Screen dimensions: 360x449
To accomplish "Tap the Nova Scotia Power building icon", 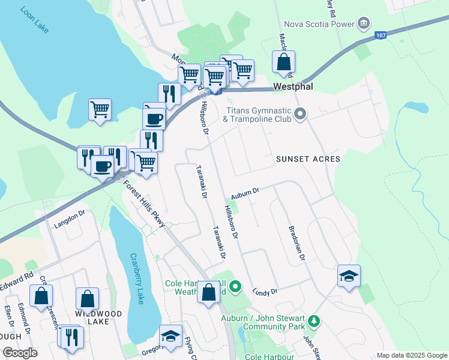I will pyautogui.click(x=363, y=24).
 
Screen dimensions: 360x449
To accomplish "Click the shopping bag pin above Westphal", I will pyautogui.click(x=284, y=62).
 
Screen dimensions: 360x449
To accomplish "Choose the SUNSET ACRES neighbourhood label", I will pyautogui.click(x=308, y=159).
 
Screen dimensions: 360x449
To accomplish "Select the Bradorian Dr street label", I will pyautogui.click(x=297, y=243).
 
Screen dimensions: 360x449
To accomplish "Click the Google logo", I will pyautogui.click(x=20, y=352).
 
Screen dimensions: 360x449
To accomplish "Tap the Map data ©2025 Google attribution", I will pyautogui.click(x=411, y=355).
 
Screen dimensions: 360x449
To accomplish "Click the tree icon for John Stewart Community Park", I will pyautogui.click(x=313, y=323).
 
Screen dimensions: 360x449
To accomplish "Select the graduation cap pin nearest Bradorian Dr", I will pyautogui.click(x=349, y=276).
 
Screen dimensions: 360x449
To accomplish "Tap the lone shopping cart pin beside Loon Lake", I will pyautogui.click(x=100, y=110).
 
